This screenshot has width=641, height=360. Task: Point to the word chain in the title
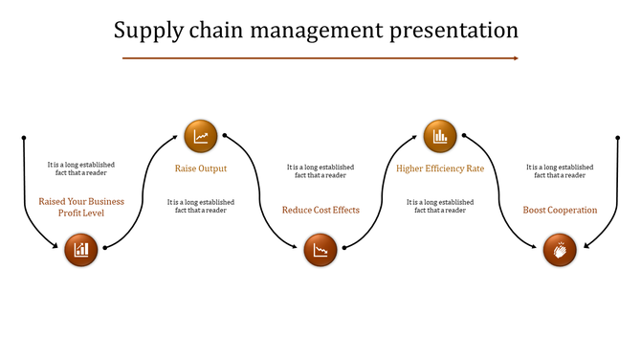[213, 31]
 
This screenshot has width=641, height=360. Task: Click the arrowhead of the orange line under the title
[516, 58]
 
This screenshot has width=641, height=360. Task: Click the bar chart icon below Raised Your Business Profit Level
[82, 250]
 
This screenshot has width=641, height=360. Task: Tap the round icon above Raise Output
[201, 136]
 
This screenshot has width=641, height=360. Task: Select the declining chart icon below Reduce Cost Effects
[320, 251]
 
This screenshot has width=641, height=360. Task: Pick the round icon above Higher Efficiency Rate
[440, 136]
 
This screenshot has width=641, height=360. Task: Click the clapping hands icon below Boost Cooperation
[560, 251]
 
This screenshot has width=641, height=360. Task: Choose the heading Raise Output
[201, 169]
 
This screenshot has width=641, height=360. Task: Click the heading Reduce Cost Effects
[320, 210]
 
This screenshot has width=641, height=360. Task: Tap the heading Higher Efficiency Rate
[440, 169]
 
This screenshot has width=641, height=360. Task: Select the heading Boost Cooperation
[560, 210]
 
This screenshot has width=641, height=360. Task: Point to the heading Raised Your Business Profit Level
[82, 207]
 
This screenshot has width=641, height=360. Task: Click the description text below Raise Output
[201, 206]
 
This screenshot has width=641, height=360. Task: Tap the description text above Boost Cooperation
[560, 170]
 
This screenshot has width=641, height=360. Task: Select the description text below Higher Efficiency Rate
[440, 206]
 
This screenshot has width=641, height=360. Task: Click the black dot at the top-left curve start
[23, 136]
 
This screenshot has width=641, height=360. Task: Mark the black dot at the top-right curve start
[618, 136]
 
